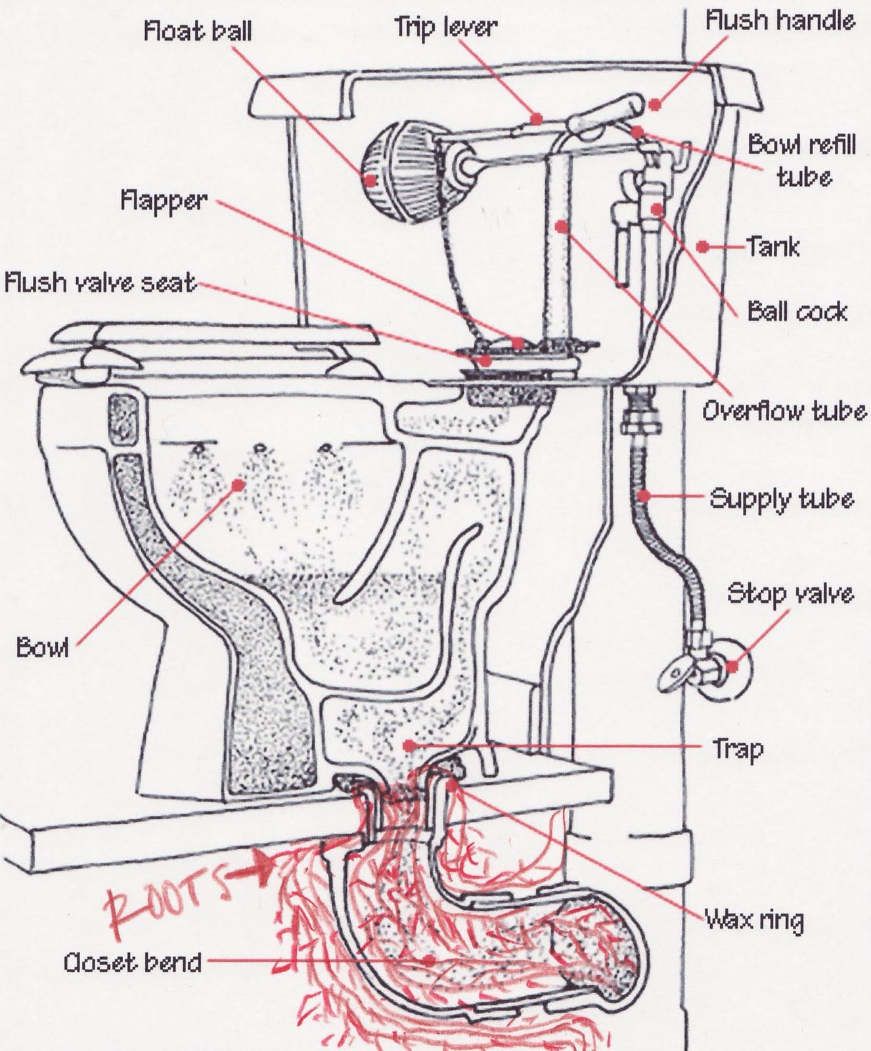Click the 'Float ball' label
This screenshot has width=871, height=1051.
pyautogui.click(x=198, y=32)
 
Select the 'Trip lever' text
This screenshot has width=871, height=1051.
pyautogui.click(x=445, y=27)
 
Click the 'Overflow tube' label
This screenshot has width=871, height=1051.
pyautogui.click(x=784, y=411)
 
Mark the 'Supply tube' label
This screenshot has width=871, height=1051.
pyautogui.click(x=782, y=499)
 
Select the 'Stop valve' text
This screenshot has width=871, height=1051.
pyautogui.click(x=790, y=594)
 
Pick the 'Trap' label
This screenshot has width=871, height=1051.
pyautogui.click(x=738, y=748)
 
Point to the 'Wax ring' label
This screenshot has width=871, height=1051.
pyautogui.click(x=754, y=920)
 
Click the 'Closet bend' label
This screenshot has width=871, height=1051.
pyautogui.click(x=132, y=963)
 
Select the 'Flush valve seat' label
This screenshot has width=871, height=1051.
pyautogui.click(x=100, y=282)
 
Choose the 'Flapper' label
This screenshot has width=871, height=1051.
pyautogui.click(x=164, y=200)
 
